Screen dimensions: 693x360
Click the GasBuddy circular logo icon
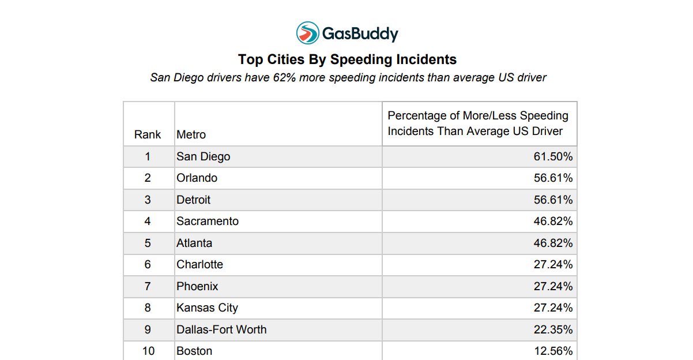tap(307, 33)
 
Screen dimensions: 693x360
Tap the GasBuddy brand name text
tap(360, 33)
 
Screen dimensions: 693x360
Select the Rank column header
tap(147, 134)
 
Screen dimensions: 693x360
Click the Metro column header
tap(191, 134)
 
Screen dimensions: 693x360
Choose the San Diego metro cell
tap(204, 156)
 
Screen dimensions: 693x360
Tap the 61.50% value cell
tap(553, 156)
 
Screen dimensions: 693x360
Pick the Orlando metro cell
tap(197, 178)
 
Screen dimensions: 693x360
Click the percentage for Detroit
tap(553, 200)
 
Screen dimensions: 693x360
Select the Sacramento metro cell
tap(208, 222)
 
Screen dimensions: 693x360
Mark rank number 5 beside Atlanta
tap(148, 243)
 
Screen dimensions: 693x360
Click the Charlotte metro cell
tap(199, 265)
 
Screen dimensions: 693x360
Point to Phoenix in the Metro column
tap(197, 286)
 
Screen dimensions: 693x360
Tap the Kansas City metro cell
tap(207, 308)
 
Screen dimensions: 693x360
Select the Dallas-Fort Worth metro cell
tap(221, 329)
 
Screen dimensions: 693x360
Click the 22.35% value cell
tap(553, 329)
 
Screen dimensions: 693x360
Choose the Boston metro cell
tap(194, 351)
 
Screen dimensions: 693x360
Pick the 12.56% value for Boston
tap(553, 351)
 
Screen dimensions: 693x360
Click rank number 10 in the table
tap(148, 351)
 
